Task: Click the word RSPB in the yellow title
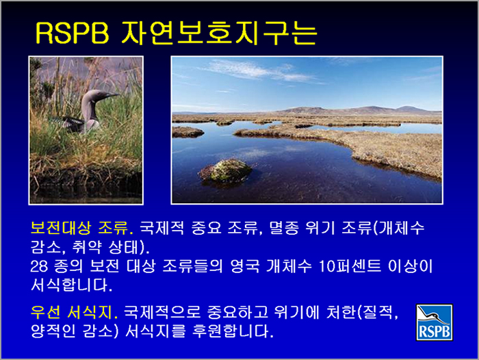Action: click(73, 33)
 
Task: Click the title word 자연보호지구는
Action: click(220, 33)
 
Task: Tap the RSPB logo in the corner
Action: click(434, 322)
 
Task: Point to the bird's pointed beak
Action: click(112, 95)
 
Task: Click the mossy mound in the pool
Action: click(226, 170)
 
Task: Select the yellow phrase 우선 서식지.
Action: click(74, 312)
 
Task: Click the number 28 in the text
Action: click(39, 266)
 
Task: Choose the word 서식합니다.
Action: click(72, 285)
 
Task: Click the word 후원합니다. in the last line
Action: click(233, 331)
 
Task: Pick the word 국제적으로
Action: click(162, 312)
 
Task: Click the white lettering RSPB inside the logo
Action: click(435, 331)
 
